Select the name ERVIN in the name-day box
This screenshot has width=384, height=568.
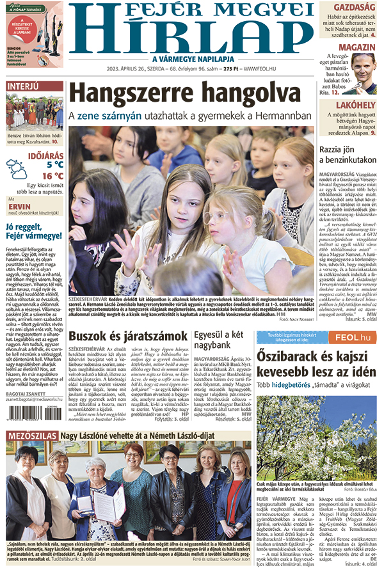pyautogui.click(x=20, y=207)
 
